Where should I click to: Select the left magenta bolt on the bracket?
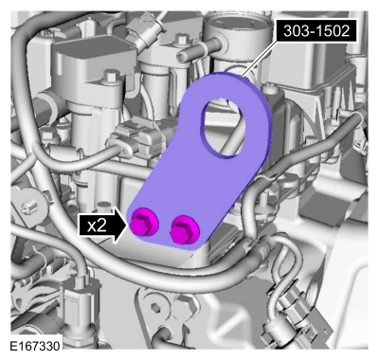[144, 224]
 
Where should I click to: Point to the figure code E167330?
[33, 348]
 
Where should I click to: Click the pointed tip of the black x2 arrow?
[126, 225]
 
